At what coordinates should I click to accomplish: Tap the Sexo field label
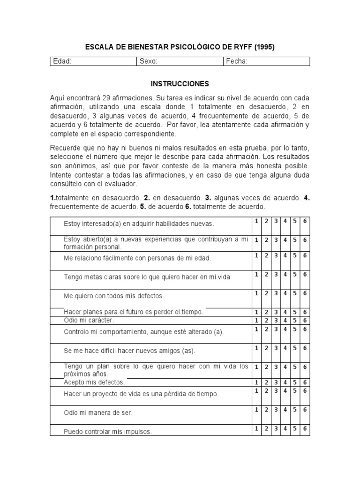click(x=149, y=61)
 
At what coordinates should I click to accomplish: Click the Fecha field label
click(x=237, y=61)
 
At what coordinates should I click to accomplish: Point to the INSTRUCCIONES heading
click(x=180, y=84)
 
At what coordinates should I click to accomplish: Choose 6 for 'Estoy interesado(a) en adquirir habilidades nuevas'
click(x=305, y=221)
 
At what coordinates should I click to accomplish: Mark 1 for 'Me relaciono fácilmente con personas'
click(x=256, y=255)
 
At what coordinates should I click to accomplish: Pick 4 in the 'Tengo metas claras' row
click(x=285, y=274)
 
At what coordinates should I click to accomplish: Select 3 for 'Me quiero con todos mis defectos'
click(x=276, y=293)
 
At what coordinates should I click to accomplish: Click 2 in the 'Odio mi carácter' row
click(x=266, y=320)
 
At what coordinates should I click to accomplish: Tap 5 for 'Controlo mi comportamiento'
click(x=295, y=329)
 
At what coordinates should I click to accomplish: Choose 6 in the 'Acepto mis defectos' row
click(x=305, y=382)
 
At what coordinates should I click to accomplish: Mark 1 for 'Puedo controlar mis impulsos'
click(x=256, y=428)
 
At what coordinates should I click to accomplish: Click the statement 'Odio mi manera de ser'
click(x=98, y=413)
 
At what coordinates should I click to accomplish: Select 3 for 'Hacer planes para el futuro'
click(x=276, y=312)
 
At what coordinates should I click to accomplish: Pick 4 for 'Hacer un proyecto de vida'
click(x=285, y=390)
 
